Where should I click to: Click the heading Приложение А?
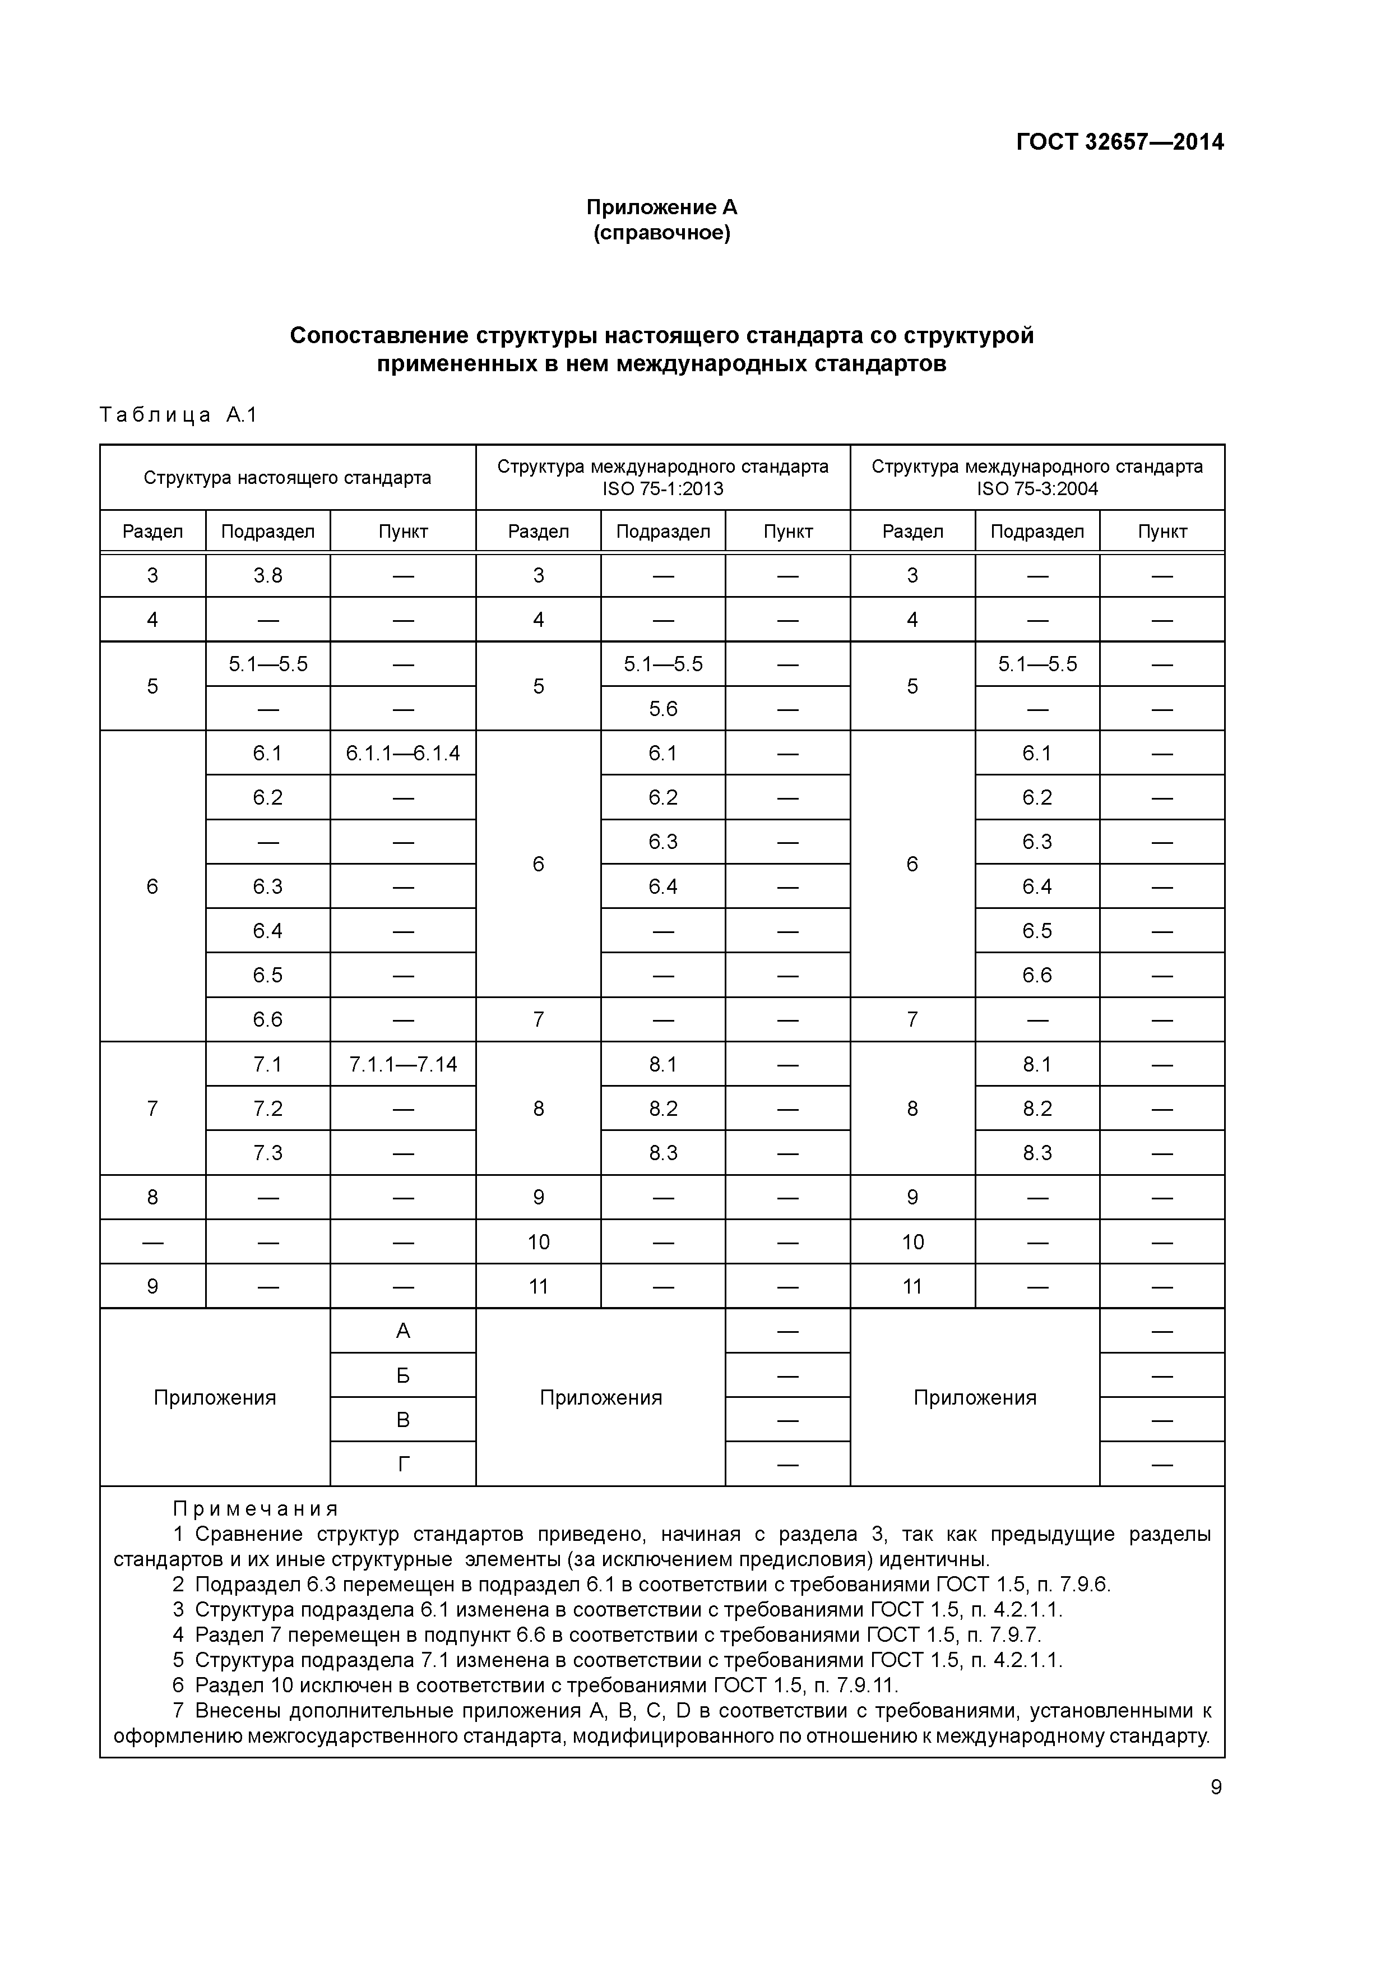[x=661, y=207]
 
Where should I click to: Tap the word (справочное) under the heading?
[x=661, y=233]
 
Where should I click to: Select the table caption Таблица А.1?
[x=178, y=415]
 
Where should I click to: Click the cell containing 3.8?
[x=267, y=576]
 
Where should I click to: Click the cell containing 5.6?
[x=663, y=709]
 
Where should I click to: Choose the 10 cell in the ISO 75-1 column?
[x=538, y=1242]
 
